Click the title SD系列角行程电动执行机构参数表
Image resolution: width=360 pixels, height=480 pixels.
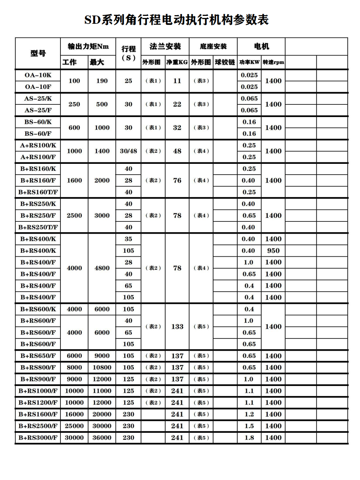(x=176, y=20)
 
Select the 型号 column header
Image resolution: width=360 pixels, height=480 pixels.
(x=38, y=53)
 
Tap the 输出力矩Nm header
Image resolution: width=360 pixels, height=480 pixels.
(x=88, y=46)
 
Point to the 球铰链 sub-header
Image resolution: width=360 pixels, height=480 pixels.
(x=225, y=62)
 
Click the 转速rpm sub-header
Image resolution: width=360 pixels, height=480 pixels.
(x=273, y=62)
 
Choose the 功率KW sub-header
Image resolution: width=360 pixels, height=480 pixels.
(x=249, y=62)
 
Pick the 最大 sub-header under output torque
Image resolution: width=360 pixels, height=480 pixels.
(x=97, y=62)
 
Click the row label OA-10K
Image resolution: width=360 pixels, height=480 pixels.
(x=38, y=75)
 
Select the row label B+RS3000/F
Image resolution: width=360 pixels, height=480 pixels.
(x=38, y=438)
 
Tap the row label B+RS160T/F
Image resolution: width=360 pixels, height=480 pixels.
(x=38, y=192)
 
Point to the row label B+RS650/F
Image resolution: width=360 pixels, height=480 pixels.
(x=38, y=356)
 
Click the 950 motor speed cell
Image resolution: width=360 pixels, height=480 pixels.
(x=273, y=251)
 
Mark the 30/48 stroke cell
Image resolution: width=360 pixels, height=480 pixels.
(x=129, y=151)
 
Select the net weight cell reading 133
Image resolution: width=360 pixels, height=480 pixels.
(x=177, y=327)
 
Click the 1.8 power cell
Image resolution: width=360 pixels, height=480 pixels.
(x=249, y=438)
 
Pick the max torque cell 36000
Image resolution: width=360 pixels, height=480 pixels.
(x=102, y=438)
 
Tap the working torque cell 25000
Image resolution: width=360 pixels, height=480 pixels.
(x=74, y=426)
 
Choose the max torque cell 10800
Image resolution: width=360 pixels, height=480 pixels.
(x=102, y=368)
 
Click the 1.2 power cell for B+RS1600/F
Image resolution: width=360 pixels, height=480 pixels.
(x=249, y=414)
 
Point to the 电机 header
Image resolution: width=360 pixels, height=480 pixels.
(x=261, y=46)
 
